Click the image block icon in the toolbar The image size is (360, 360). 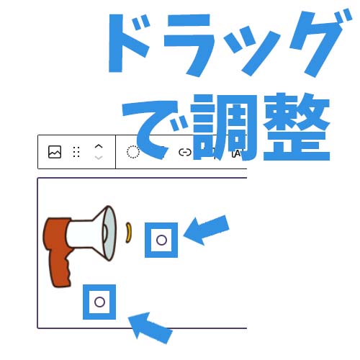55,152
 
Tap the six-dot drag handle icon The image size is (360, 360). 76,152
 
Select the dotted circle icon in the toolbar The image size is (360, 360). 133,152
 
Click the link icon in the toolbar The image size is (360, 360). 185,152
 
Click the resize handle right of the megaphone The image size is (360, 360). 161,240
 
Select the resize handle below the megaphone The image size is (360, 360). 99,302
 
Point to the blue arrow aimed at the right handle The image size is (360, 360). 207,230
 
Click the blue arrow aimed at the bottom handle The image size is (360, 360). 150,328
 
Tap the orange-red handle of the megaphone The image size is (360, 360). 58,250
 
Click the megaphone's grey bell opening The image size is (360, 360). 109,233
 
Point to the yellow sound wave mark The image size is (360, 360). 129,233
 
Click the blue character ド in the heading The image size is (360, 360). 130,43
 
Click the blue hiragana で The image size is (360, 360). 153,130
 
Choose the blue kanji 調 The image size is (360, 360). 225,127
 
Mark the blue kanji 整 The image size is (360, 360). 297,127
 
